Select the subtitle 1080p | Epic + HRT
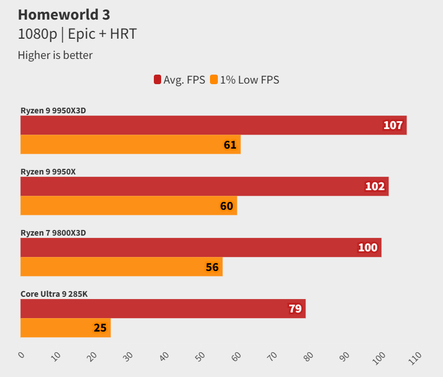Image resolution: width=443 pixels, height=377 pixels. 77,34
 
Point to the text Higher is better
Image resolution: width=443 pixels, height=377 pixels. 55,55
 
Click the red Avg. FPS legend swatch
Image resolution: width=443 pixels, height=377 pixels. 157,80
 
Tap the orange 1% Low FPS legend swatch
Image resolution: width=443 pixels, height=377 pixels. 214,80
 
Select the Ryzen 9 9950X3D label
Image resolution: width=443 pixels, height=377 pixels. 53,111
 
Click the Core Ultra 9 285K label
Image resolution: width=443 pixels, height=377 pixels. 54,293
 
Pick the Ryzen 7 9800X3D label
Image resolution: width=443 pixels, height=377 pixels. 53,232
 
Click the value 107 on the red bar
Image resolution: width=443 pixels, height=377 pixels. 393,125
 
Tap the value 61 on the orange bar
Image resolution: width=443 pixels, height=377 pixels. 230,145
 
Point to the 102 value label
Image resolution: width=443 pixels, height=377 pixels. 375,186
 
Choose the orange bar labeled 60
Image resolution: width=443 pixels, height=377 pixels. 129,206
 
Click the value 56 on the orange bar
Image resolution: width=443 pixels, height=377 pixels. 212,267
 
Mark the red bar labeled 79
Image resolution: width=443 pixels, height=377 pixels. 163,309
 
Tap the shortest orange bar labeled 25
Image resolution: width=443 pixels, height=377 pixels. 65,328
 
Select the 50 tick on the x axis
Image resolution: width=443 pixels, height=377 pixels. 201,356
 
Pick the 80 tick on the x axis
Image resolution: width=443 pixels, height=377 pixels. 309,356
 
